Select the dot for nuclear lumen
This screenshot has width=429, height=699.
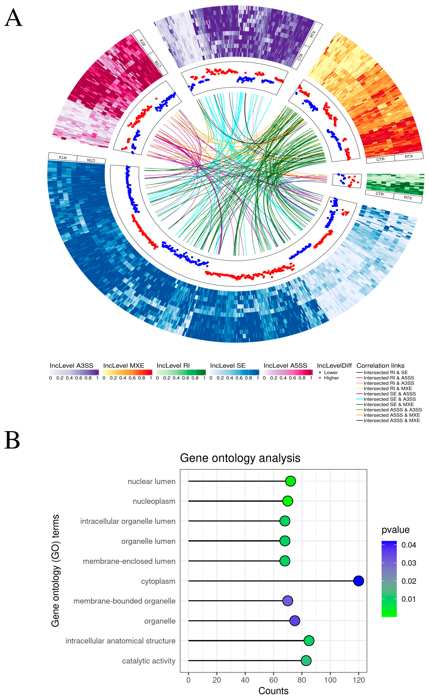(x=290, y=481)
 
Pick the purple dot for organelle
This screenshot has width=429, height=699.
(x=295, y=621)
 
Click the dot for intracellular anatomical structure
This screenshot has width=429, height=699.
(x=309, y=641)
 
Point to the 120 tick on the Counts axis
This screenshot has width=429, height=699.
(x=359, y=680)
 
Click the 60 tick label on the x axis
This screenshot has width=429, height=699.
(x=273, y=680)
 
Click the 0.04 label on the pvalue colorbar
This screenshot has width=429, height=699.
(x=409, y=545)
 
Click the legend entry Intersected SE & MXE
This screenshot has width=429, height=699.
(x=388, y=404)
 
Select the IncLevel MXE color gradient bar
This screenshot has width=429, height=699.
(x=127, y=372)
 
